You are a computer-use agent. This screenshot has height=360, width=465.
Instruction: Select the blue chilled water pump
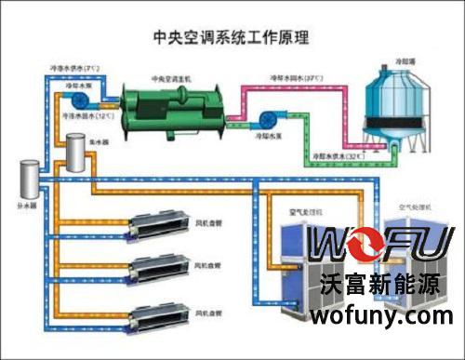78,99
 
